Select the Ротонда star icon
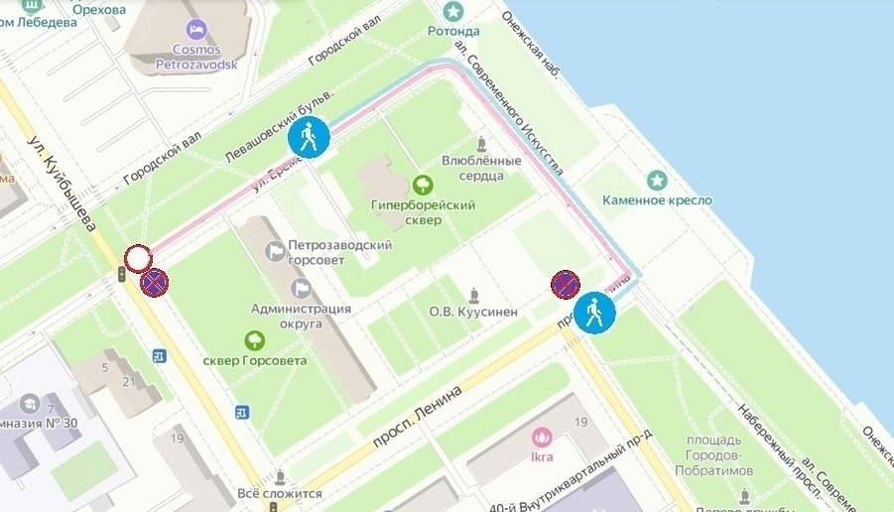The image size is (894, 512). click(x=453, y=11)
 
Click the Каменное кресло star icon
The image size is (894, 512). click(x=656, y=181)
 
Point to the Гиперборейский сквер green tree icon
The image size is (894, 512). click(x=423, y=184)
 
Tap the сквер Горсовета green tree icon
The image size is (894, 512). click(x=255, y=340)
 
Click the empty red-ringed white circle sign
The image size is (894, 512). click(x=137, y=259)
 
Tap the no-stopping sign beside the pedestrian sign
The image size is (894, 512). click(x=565, y=285)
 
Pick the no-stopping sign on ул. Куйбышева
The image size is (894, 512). click(x=154, y=283)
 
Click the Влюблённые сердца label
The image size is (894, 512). click(x=481, y=168)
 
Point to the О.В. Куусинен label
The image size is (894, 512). click(x=473, y=312)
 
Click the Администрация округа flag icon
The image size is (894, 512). click(x=301, y=288)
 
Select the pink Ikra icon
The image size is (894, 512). click(x=542, y=436)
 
